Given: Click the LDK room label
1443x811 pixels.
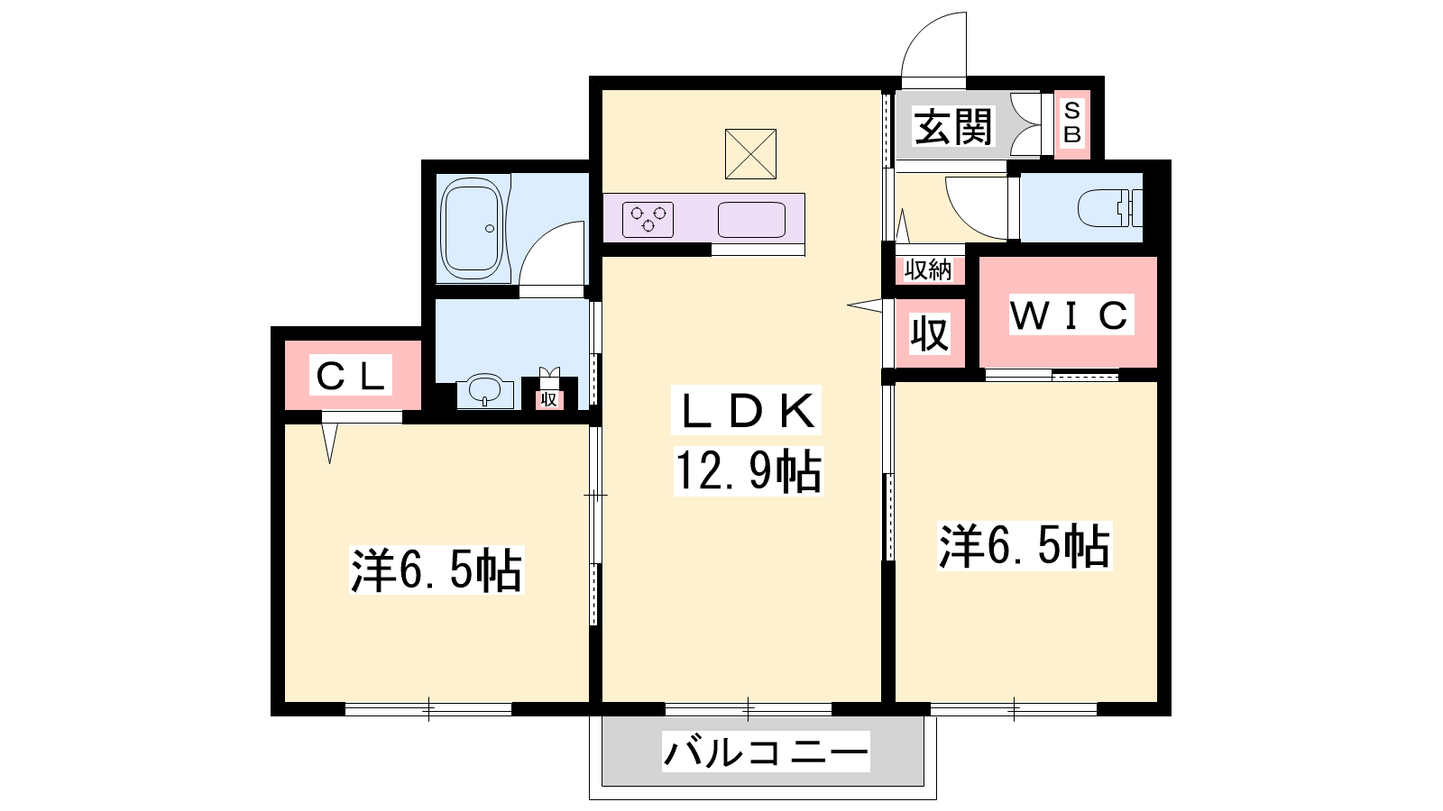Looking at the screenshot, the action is [x=747, y=410].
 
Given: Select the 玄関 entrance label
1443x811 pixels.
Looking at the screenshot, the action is [x=953, y=127].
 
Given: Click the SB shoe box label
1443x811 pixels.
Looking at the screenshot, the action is [x=1072, y=123].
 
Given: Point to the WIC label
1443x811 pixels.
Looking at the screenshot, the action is [x=1070, y=314].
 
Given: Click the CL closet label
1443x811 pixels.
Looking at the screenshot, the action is [x=351, y=375].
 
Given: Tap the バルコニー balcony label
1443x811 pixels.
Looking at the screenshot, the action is [x=766, y=752].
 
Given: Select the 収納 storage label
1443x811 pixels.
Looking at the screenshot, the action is [x=928, y=270].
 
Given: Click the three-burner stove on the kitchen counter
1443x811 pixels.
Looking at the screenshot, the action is [x=648, y=220].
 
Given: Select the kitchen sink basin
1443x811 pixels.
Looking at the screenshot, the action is [x=752, y=220].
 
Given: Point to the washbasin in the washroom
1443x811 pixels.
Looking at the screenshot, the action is [x=484, y=390].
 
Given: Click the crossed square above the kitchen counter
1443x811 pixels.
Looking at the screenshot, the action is [x=750, y=154].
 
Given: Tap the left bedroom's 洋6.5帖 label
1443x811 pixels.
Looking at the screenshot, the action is [x=437, y=570].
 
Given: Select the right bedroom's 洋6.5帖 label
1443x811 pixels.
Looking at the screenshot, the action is [x=1025, y=546].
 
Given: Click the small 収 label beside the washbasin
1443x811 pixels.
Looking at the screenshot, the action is [x=549, y=400].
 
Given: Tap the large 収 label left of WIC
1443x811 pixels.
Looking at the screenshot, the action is [x=930, y=333].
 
